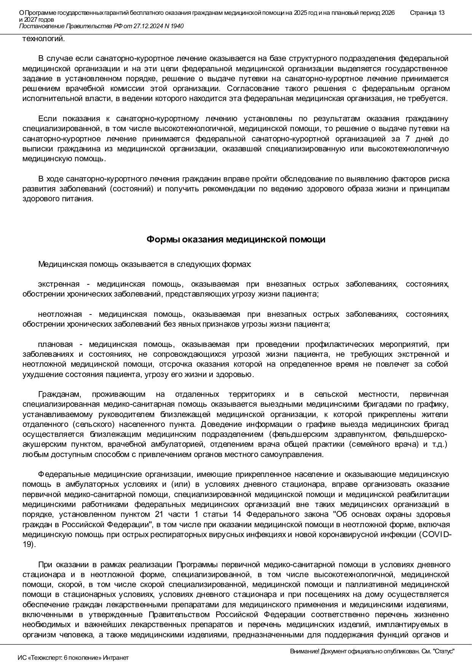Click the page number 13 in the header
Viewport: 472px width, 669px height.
(441, 13)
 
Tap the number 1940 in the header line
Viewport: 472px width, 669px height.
(177, 26)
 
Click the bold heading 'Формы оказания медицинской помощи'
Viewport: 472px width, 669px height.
(236, 239)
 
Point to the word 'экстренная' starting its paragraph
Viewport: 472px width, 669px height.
(59, 284)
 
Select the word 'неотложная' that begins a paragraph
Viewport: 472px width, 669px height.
(60, 314)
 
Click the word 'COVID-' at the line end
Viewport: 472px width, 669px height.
(435, 534)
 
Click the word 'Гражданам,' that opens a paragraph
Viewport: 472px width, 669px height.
(59, 394)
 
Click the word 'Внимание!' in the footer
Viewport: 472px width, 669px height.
(305, 651)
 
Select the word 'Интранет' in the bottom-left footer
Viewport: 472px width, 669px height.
(116, 658)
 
